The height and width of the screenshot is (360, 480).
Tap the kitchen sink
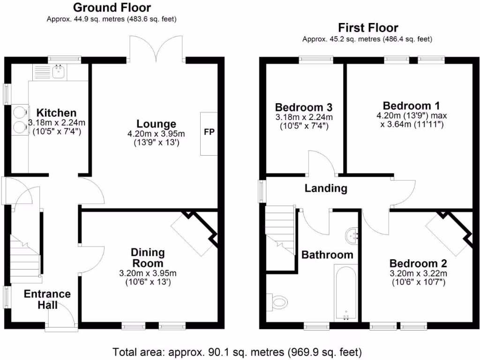tap(59, 72)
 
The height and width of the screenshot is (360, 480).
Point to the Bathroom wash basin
tap(352, 236)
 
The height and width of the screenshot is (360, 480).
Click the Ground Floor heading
tap(112, 7)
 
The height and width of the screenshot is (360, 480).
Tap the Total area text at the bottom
tap(237, 351)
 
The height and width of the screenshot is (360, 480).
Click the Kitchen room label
tap(56, 113)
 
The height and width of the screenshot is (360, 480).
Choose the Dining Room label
tap(148, 258)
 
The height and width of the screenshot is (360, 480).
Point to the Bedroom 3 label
tap(303, 106)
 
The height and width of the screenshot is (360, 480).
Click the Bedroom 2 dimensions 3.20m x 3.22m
tap(418, 273)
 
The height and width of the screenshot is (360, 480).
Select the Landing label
tap(326, 189)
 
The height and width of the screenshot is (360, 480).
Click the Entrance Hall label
tap(47, 300)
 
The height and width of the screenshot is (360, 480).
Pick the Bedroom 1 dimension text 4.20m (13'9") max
tap(411, 115)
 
